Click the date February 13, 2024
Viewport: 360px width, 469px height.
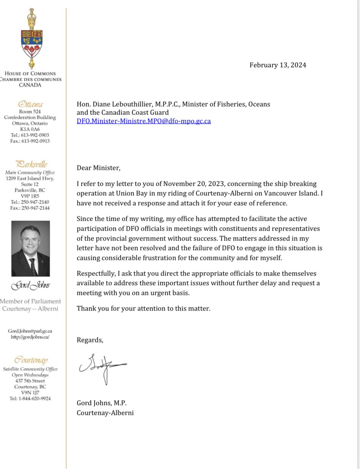click(278, 65)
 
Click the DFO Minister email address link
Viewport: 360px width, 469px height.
click(143, 121)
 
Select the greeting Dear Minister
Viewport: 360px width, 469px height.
click(98, 168)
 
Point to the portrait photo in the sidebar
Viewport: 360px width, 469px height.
click(31, 248)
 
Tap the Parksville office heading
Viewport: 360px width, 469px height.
click(31, 164)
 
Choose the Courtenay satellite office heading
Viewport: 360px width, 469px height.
click(31, 360)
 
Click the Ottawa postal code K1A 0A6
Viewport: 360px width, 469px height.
click(30, 129)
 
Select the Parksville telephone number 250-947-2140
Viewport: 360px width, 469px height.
click(35, 202)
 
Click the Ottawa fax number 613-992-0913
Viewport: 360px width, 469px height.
click(35, 141)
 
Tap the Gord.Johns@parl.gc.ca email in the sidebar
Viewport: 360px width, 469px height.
click(30, 331)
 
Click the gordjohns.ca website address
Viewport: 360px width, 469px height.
click(30, 337)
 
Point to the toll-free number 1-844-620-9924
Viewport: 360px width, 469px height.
click(35, 398)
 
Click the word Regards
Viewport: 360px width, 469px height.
click(90, 340)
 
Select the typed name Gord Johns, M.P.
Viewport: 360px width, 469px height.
click(101, 403)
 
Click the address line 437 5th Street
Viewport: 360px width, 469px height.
click(30, 381)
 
